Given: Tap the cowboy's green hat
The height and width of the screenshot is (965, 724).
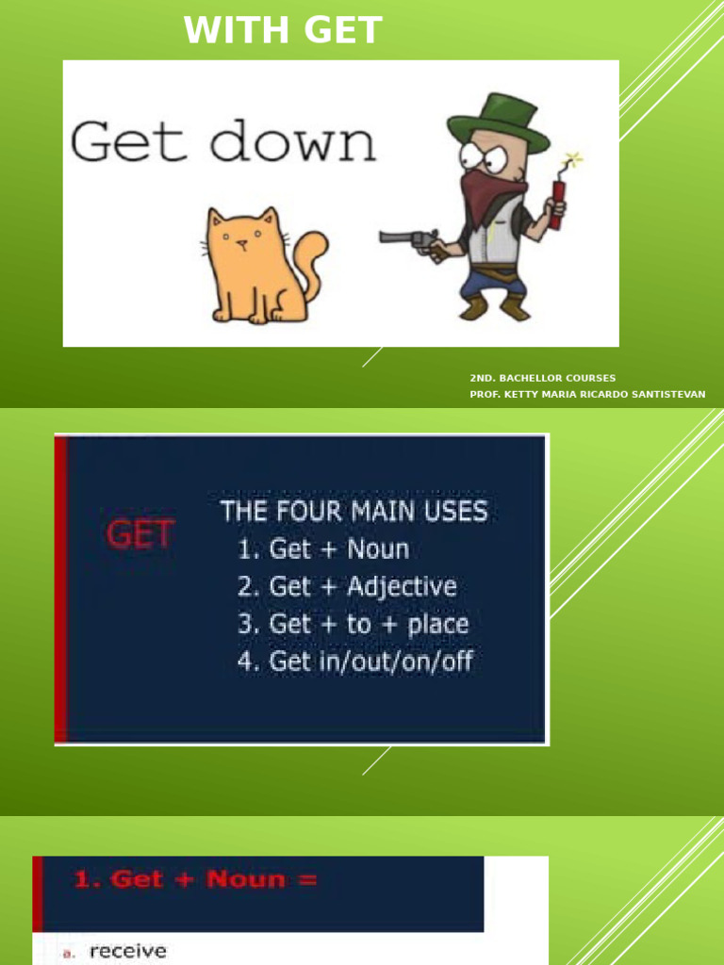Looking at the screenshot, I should pyautogui.click(x=498, y=123).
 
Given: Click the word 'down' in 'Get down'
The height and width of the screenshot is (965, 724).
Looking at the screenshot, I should pyautogui.click(x=292, y=143).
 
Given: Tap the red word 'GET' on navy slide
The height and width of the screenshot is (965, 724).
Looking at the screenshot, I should pyautogui.click(x=140, y=535).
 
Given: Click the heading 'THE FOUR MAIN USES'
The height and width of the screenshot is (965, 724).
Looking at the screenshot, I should pyautogui.click(x=354, y=513).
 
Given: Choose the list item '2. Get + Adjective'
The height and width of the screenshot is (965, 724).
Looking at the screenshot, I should pyautogui.click(x=347, y=586).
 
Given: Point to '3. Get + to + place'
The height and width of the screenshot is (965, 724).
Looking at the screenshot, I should pyautogui.click(x=353, y=624).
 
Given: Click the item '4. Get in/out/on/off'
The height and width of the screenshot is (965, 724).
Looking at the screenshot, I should pyautogui.click(x=354, y=662).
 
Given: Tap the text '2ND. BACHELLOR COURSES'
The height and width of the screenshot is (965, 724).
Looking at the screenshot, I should pyautogui.click(x=543, y=378).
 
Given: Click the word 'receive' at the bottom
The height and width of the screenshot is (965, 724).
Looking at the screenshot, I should pyautogui.click(x=127, y=952).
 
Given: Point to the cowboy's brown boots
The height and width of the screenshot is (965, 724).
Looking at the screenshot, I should pyautogui.click(x=494, y=307).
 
